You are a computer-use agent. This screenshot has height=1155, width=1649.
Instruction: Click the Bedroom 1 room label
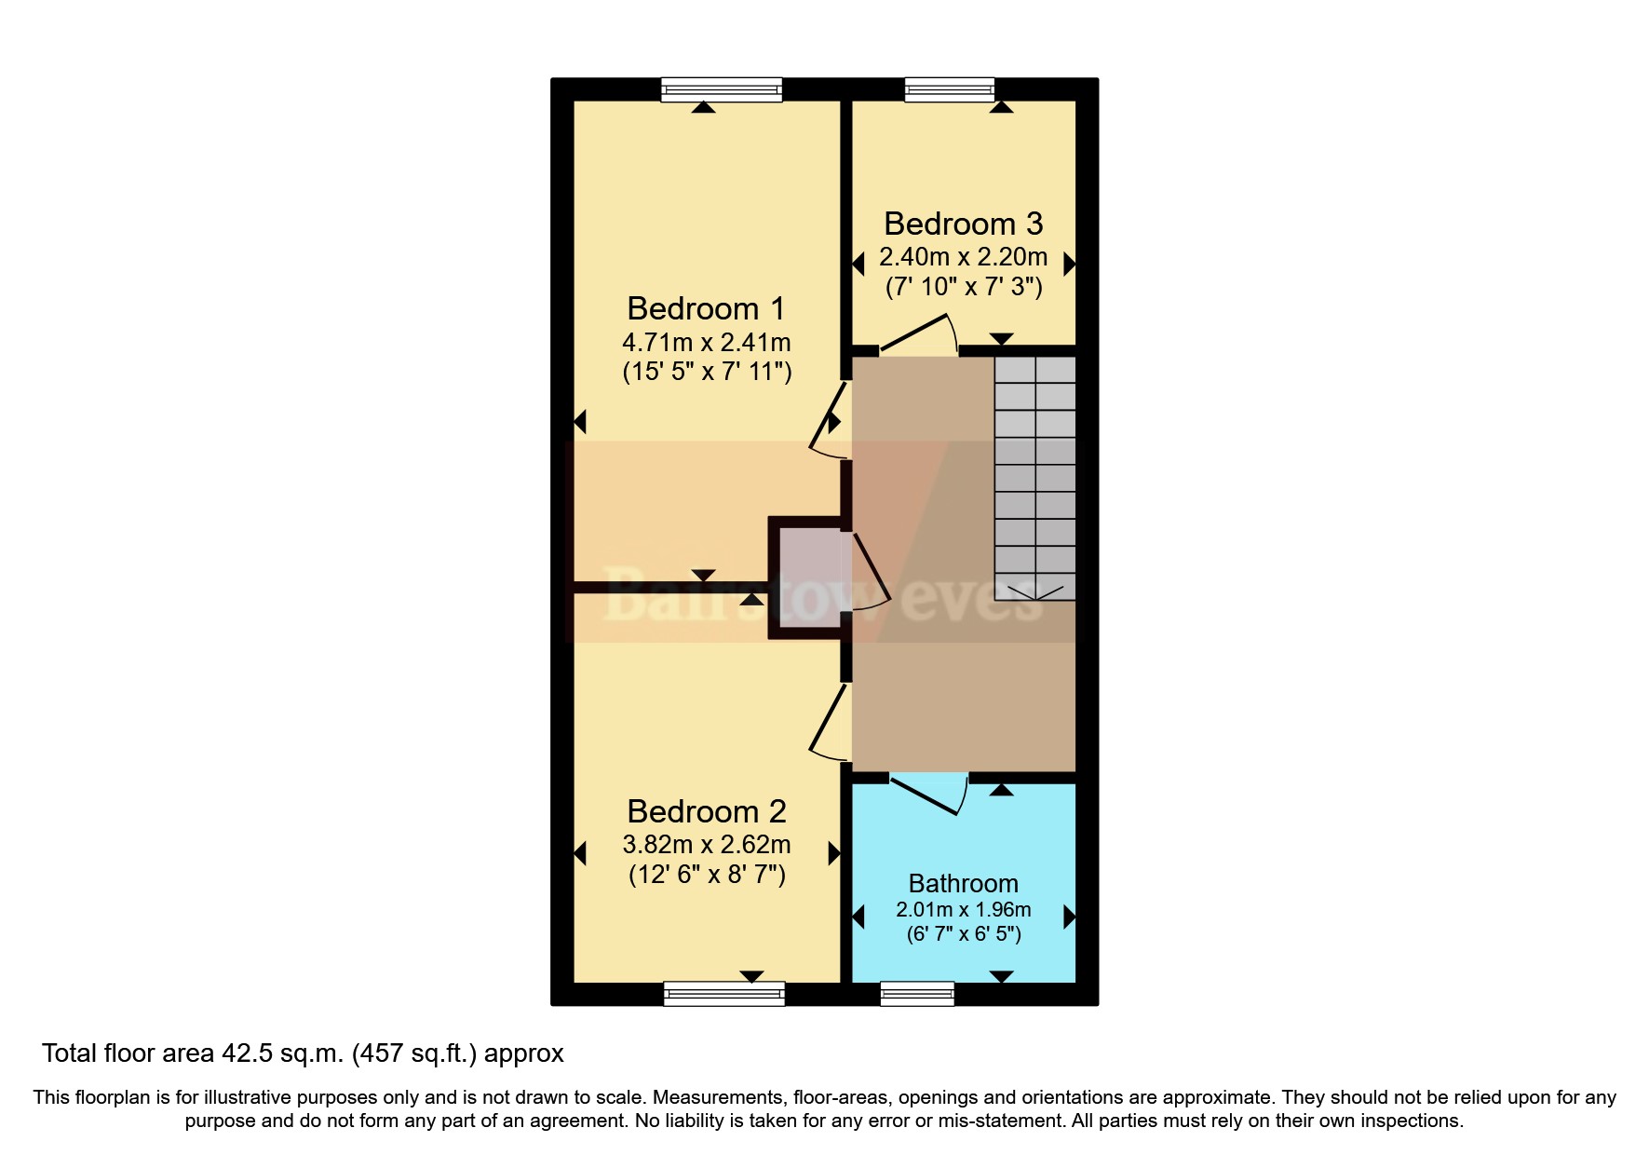[x=706, y=308]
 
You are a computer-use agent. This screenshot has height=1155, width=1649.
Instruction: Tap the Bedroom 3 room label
[x=963, y=224]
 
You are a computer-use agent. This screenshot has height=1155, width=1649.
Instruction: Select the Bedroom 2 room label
[x=706, y=811]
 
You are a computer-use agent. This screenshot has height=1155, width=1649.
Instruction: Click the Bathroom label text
[x=963, y=883]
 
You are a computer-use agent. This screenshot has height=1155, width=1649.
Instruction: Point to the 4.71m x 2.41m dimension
[x=706, y=342]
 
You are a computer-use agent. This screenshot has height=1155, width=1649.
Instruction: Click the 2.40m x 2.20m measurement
[x=963, y=256]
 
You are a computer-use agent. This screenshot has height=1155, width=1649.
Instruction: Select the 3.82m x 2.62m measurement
[x=706, y=845]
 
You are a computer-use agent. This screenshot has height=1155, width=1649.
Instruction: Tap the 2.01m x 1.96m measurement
[x=963, y=909]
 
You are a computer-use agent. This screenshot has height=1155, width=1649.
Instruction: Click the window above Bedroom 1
[x=721, y=89]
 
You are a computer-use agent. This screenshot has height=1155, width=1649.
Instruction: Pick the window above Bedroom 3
[x=950, y=89]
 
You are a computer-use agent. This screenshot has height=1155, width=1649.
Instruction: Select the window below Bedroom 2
[x=723, y=994]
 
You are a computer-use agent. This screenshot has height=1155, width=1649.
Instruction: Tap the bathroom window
[x=916, y=994]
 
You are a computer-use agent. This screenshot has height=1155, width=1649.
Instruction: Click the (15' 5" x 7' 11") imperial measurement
[x=706, y=372]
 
